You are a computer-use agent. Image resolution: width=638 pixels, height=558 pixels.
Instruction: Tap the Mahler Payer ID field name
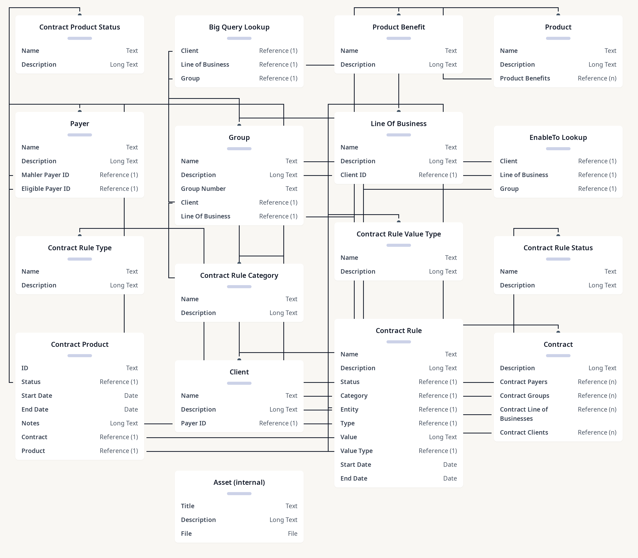pyautogui.click(x=45, y=175)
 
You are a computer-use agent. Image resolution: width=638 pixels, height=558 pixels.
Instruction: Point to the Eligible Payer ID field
pyautogui.click(x=46, y=189)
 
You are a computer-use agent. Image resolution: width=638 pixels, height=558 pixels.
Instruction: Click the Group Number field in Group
pyautogui.click(x=203, y=189)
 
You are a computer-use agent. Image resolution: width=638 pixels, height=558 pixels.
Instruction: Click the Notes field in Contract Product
pyautogui.click(x=30, y=423)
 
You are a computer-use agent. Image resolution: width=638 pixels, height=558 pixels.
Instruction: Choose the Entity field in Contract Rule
pyautogui.click(x=349, y=409)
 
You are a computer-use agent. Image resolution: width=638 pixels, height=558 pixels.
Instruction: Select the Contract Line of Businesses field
pyautogui.click(x=524, y=414)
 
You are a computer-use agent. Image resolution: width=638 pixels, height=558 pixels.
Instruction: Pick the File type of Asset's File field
pyautogui.click(x=293, y=534)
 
